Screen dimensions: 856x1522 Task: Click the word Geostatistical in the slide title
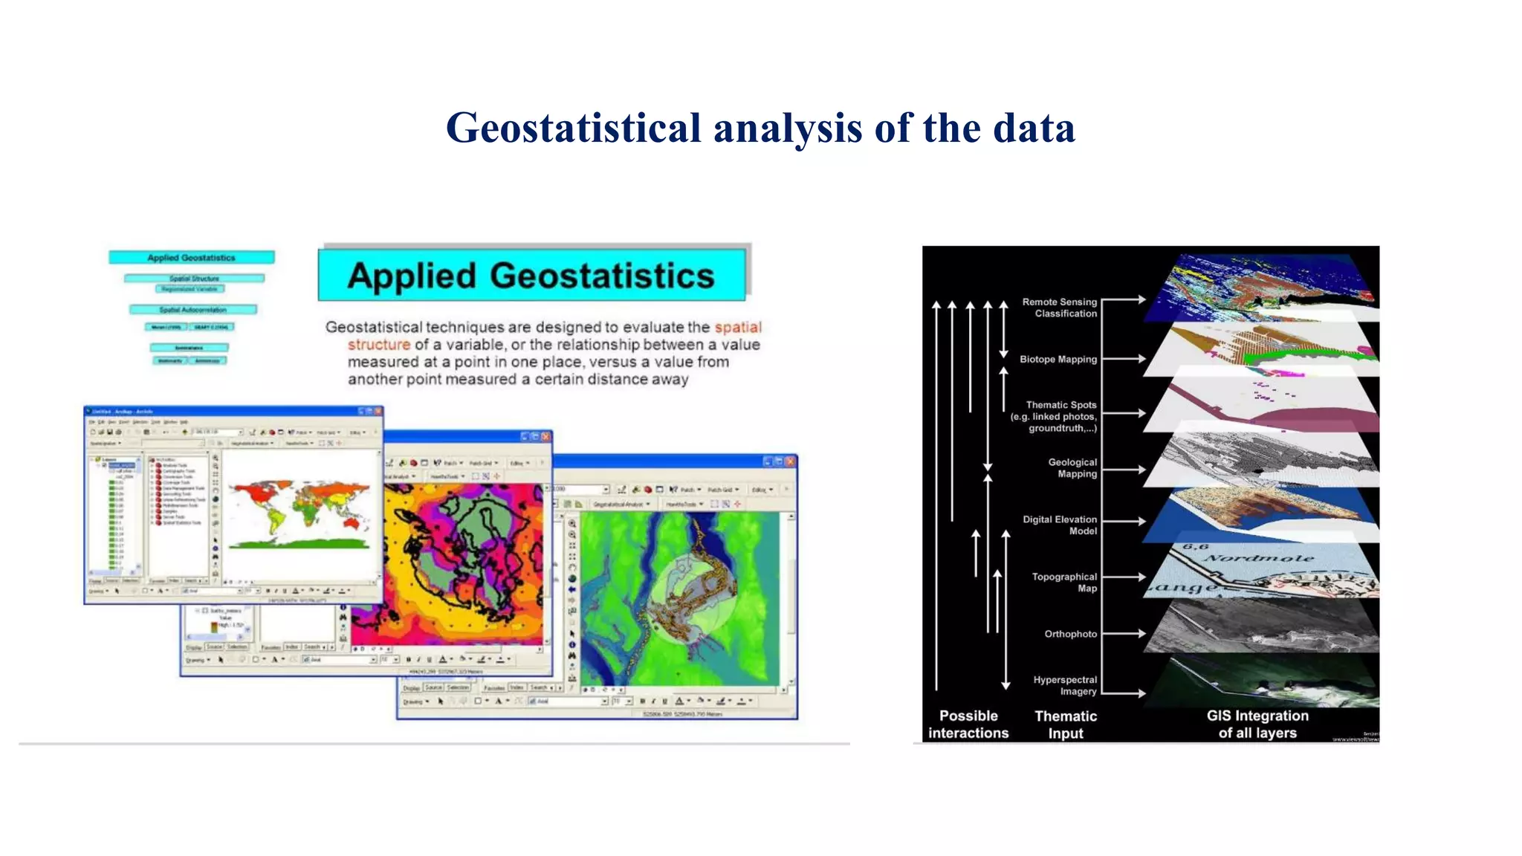573,128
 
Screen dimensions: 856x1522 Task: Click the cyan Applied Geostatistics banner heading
531,276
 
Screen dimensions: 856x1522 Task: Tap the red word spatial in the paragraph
737,327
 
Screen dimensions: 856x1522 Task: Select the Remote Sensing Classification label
1059,308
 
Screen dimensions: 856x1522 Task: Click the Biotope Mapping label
1058,360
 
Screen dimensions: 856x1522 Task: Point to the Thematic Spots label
1054,416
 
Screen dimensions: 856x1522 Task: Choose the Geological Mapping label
1072,468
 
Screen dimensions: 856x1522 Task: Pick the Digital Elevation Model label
1060,525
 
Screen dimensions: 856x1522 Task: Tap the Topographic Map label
1064,583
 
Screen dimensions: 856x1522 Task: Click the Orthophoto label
1070,634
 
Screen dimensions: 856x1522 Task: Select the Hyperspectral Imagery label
1065,685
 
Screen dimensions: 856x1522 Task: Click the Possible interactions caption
968,724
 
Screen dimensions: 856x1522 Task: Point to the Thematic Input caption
1066,724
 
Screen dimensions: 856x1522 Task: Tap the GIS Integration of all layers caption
1257,724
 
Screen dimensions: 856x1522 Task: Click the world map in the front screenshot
299,513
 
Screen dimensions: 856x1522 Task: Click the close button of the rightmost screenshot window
790,461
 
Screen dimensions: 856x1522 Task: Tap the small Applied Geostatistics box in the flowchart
191,258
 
